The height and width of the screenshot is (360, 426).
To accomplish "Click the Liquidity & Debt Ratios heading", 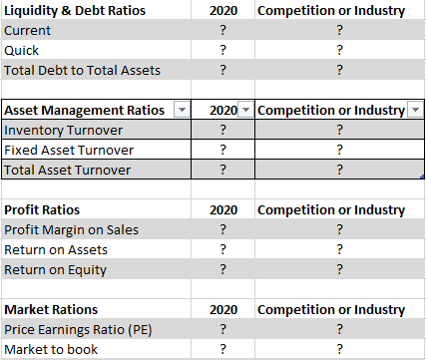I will tap(75, 11).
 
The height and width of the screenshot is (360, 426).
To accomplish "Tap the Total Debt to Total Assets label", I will tap(82, 70).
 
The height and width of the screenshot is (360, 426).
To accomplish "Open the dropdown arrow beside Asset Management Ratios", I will tap(181, 110).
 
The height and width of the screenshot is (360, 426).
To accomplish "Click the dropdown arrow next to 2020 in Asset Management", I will tap(246, 110).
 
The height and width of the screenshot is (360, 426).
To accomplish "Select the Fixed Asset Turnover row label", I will tap(69, 150).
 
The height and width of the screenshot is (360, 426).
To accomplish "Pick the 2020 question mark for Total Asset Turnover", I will tap(221, 170).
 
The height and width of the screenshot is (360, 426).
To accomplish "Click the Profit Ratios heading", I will tap(42, 210).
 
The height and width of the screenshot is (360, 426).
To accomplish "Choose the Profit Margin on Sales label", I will tap(72, 230).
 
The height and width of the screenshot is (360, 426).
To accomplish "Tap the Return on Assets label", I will tap(56, 249).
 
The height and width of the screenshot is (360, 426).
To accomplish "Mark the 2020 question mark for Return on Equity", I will tap(221, 269).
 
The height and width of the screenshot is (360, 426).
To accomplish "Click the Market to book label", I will tap(50, 349).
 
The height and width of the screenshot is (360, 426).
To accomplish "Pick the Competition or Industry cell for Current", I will tap(339, 31).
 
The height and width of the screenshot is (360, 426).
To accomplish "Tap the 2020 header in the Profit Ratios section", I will tap(221, 210).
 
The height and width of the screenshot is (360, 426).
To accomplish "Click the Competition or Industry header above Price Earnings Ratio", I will tap(331, 309).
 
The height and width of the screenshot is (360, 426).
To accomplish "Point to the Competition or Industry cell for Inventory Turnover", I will tap(339, 130).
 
